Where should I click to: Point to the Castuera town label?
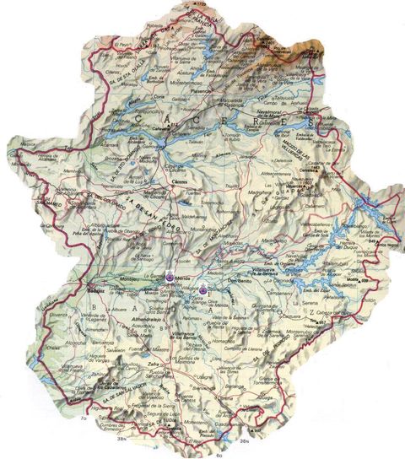click(292, 318)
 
